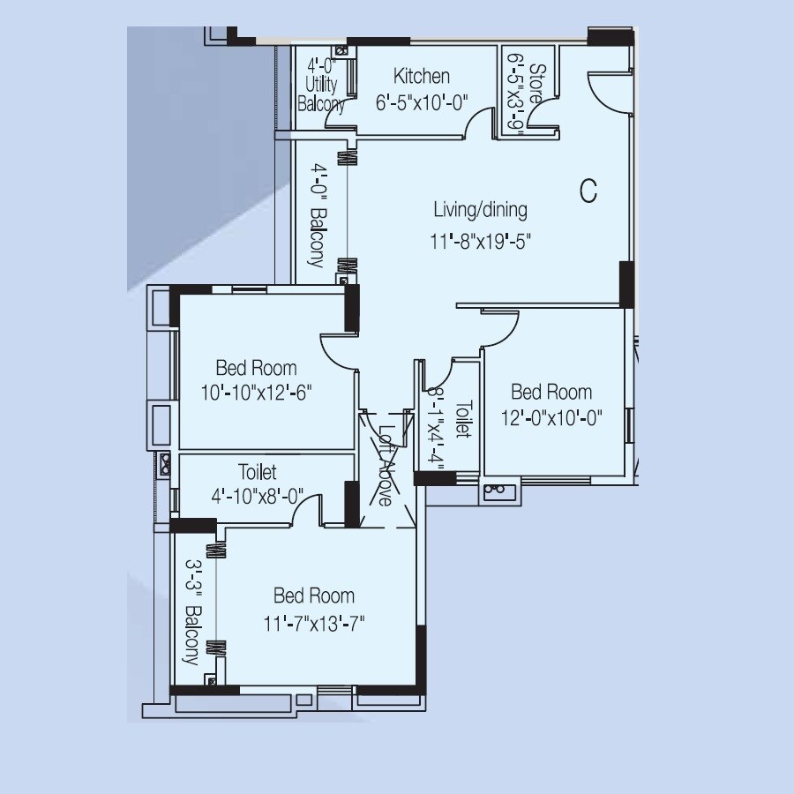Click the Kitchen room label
(x=422, y=77)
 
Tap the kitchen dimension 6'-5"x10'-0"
(x=423, y=101)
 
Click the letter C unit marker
(x=588, y=190)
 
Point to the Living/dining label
(x=480, y=210)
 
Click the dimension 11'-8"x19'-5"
(x=481, y=241)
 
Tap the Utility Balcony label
(x=321, y=86)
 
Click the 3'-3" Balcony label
(x=191, y=609)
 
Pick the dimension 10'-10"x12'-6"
(x=256, y=392)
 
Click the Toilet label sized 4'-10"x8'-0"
(x=257, y=472)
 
